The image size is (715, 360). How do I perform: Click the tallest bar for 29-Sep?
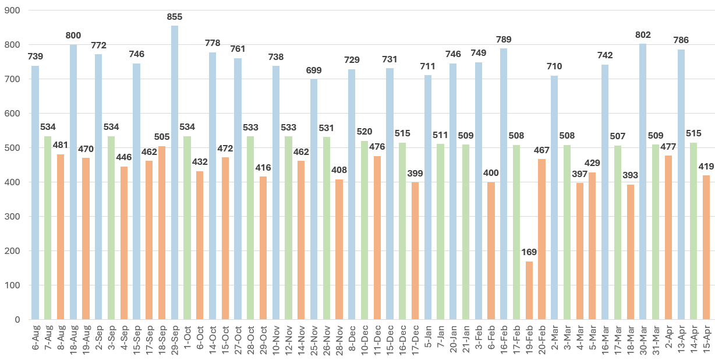(175, 172)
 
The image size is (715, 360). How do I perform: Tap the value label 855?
(175, 17)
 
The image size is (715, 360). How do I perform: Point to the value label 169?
(529, 253)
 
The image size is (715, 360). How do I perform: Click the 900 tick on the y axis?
(12, 10)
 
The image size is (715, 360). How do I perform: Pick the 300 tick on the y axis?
(12, 217)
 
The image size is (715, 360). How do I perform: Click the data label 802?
(643, 35)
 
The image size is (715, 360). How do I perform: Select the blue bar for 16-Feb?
(504, 183)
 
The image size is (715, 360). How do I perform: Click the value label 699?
(314, 70)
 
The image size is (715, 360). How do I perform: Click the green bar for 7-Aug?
(48, 228)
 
